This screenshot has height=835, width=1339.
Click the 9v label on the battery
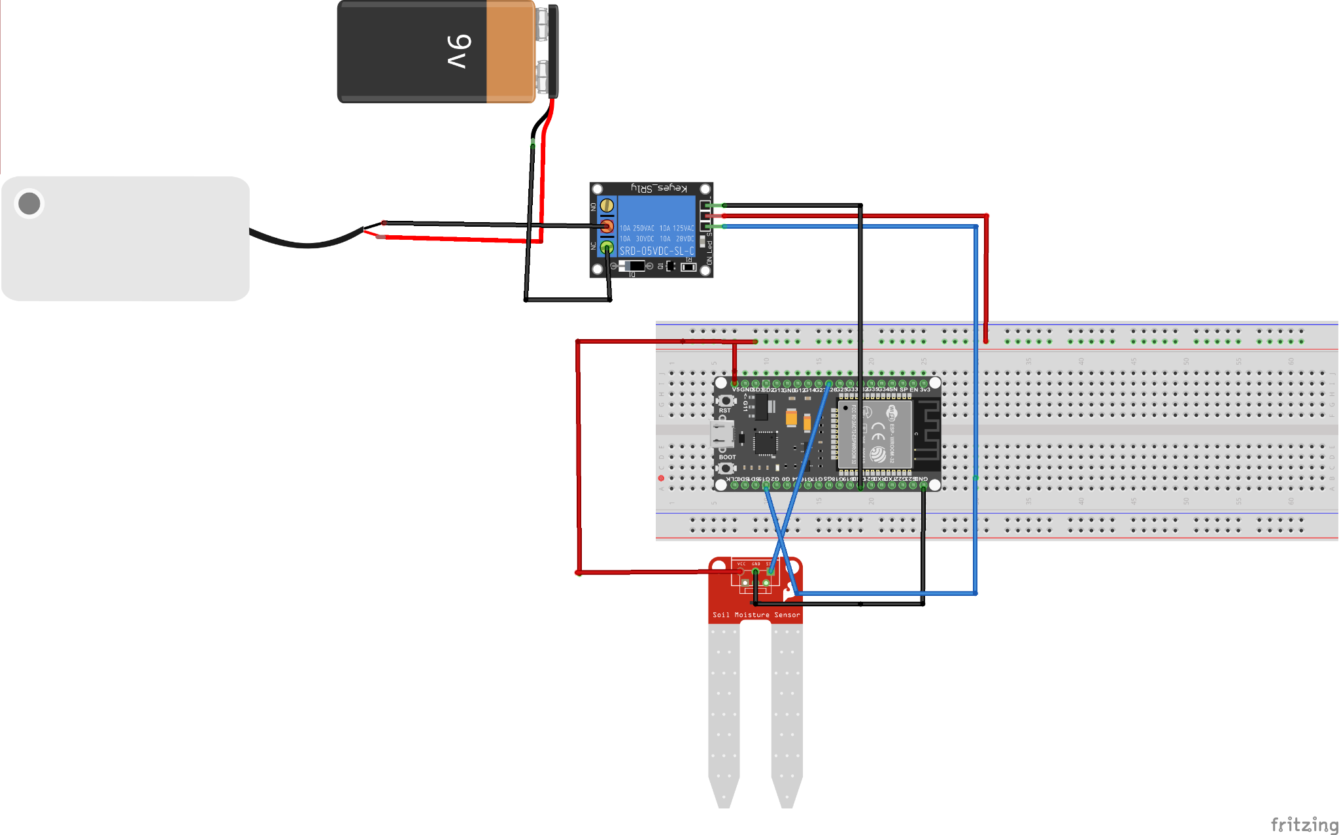460,52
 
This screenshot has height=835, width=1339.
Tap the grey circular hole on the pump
29,203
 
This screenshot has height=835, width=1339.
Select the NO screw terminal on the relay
607,205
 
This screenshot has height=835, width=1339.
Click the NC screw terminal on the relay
607,248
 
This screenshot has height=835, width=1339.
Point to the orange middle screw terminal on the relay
607,227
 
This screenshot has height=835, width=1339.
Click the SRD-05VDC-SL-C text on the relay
656,251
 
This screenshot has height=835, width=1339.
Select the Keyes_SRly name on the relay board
659,188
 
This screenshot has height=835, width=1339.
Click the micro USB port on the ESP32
721,433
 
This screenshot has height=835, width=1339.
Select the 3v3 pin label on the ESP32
924,389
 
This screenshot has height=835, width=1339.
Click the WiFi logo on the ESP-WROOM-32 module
890,412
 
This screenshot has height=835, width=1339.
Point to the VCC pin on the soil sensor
741,572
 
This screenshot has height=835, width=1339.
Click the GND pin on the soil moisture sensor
756,572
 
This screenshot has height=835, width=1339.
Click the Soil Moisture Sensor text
756,615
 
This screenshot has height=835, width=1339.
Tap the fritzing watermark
1304,824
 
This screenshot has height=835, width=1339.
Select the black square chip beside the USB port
765,443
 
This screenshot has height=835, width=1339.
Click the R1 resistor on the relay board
688,266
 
